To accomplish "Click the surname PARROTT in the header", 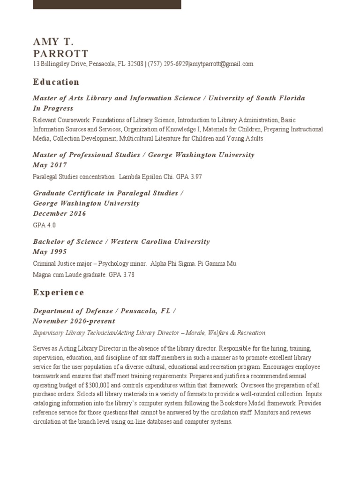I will [60, 53].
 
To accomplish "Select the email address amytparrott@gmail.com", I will [222, 64].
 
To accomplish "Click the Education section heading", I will [56, 82].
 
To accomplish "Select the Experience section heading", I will [58, 292].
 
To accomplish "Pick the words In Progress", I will [53, 108].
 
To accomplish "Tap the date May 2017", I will [50, 165].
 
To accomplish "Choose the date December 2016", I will [60, 213].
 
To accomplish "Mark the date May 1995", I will [50, 252].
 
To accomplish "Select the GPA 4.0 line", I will [45, 225].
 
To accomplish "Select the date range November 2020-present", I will [74, 321].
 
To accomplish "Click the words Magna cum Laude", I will [56, 275].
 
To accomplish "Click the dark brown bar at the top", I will [107, 4].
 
